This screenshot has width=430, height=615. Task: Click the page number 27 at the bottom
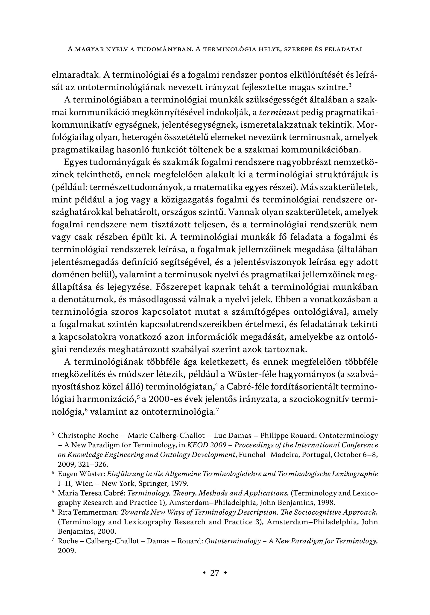(x=215, y=573)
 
